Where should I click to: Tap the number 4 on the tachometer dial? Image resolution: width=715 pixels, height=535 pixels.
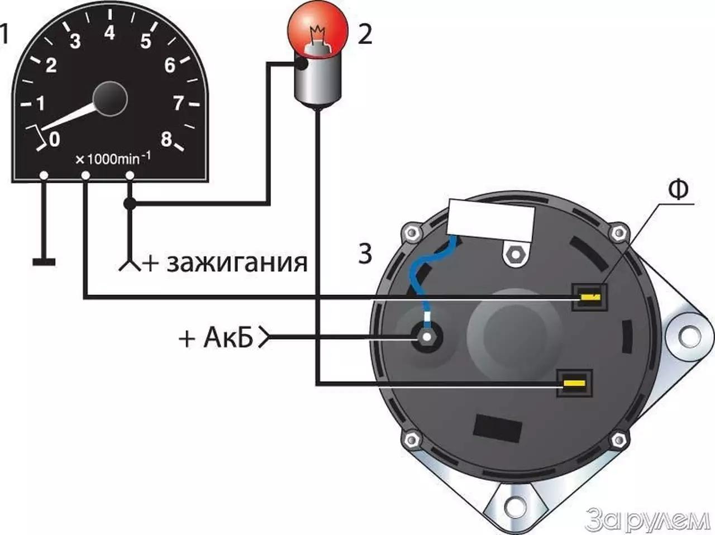pos(109,33)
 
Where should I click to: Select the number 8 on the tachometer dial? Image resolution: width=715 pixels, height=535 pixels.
pos(166,140)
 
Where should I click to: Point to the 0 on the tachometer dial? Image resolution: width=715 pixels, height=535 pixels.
pos(54,140)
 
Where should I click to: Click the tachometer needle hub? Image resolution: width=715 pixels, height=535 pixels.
pos(110,99)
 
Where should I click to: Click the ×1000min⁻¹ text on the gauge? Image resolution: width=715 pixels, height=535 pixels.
pos(113,159)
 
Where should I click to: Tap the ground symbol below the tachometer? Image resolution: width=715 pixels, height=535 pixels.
pos(44,262)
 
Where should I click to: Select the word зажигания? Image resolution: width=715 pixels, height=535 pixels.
pos(237,263)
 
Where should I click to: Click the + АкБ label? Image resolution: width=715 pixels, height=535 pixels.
pos(216,338)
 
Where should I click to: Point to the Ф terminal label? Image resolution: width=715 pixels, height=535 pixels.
pos(678,190)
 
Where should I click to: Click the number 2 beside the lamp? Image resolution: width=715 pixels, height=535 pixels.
pos(365,35)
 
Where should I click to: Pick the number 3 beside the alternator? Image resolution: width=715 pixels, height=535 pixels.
pos(365,254)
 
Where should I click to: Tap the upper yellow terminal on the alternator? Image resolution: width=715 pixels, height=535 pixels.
pos(590,297)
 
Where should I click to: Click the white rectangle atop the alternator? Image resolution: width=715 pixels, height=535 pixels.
pos(490,220)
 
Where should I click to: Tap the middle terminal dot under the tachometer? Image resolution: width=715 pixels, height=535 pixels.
pos(85,175)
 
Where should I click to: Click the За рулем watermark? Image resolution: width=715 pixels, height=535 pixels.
pos(647,518)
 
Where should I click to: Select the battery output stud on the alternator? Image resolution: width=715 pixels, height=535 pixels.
pos(426,337)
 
